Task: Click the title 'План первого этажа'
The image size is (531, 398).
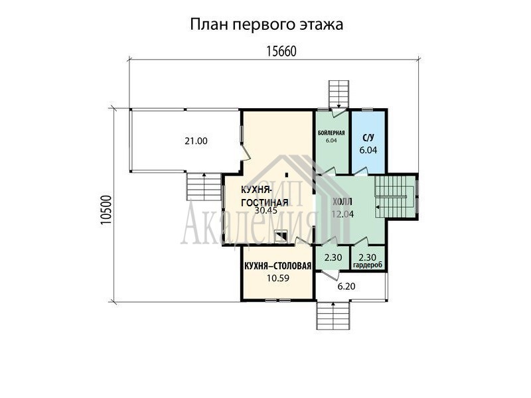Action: [x=267, y=25]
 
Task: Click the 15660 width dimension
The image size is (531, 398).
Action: [x=281, y=52]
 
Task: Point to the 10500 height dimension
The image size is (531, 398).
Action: [x=106, y=210]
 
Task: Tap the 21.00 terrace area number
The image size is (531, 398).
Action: [x=196, y=141]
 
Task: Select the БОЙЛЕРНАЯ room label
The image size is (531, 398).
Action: [x=331, y=133]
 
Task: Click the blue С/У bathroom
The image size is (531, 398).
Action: [x=368, y=141]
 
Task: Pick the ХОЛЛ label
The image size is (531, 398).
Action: [x=342, y=202]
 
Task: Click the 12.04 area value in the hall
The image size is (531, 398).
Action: [x=342, y=214]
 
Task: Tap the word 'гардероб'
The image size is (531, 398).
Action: [x=368, y=265]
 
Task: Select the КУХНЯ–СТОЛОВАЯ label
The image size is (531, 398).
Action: [x=277, y=267]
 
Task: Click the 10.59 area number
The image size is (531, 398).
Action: [x=277, y=278]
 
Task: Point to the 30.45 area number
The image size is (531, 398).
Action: [x=266, y=210]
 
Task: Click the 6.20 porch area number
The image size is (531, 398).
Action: [x=346, y=287]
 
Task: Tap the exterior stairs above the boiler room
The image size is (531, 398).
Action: [x=339, y=94]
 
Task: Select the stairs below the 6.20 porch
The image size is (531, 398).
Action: [x=333, y=316]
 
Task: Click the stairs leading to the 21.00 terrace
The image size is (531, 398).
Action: [x=204, y=186]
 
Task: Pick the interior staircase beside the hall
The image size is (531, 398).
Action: [x=395, y=197]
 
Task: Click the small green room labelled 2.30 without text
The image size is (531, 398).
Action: [x=333, y=257]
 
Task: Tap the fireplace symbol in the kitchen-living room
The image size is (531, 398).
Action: [x=281, y=236]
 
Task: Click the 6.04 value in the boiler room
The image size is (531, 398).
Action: [x=331, y=141]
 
